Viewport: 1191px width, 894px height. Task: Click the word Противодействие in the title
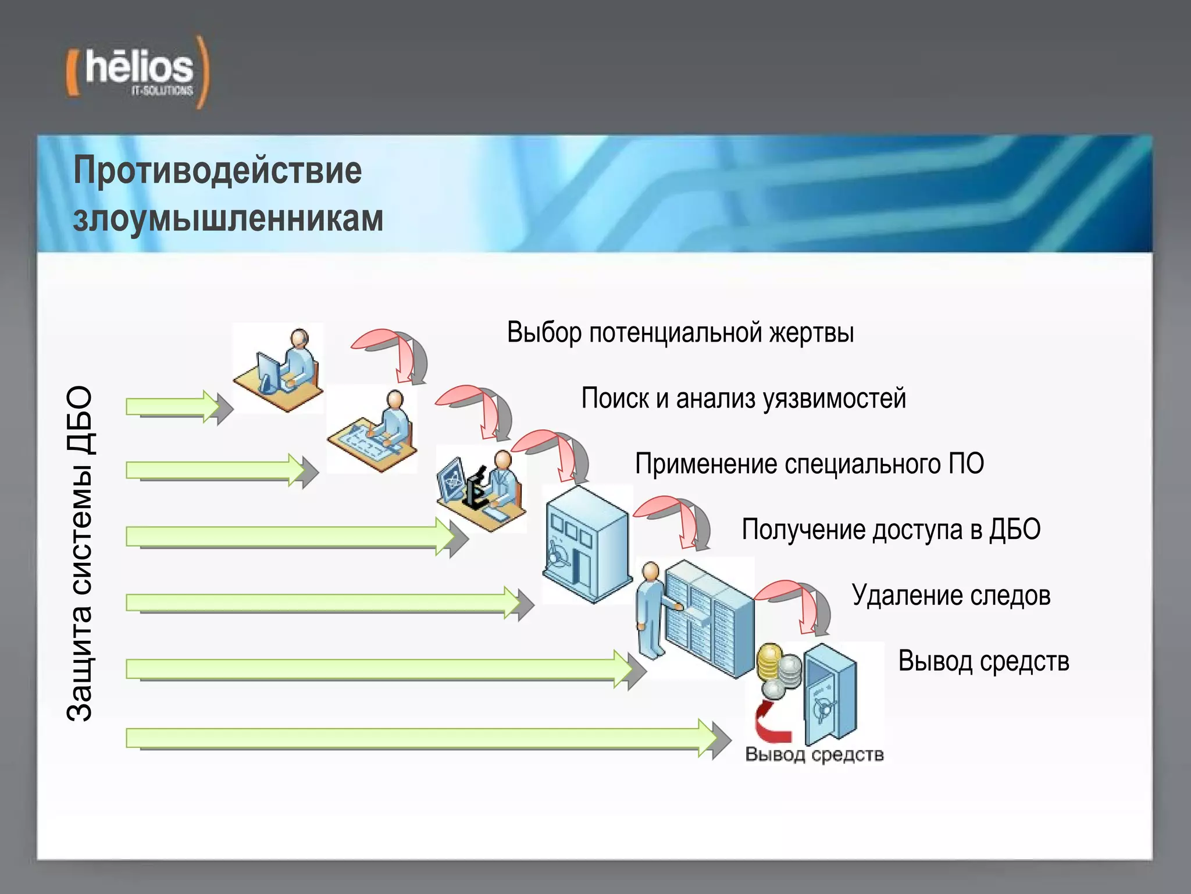point(217,171)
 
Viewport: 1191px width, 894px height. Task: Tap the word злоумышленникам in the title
point(228,219)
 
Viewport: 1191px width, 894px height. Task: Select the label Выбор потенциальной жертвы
point(680,332)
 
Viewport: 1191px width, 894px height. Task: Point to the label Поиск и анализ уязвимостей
point(743,399)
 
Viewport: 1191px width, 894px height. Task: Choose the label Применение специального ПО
point(809,464)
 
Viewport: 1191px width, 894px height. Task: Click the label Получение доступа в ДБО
point(891,530)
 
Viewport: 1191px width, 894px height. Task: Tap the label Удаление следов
point(951,595)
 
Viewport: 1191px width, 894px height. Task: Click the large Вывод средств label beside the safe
point(983,661)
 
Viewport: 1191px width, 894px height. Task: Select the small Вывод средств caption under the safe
point(814,755)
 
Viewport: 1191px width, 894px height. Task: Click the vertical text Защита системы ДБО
point(80,553)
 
